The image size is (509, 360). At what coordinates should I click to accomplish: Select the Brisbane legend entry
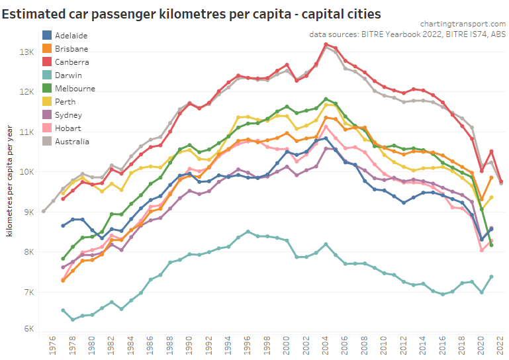71,49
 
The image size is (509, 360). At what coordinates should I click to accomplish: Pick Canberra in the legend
72,62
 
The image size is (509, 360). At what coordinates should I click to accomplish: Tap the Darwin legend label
69,75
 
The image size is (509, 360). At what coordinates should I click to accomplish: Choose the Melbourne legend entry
75,89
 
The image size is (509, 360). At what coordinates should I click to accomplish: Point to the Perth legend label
66,102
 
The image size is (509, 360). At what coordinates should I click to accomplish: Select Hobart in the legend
69,128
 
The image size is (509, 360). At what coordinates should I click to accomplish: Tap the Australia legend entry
72,142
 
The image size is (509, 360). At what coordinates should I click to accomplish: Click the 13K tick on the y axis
26,52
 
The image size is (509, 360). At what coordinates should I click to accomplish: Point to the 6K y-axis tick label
28,329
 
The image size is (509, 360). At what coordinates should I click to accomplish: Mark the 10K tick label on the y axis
26,172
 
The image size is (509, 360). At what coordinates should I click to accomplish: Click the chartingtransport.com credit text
463,23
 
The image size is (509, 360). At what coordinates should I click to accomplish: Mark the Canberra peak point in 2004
326,44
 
